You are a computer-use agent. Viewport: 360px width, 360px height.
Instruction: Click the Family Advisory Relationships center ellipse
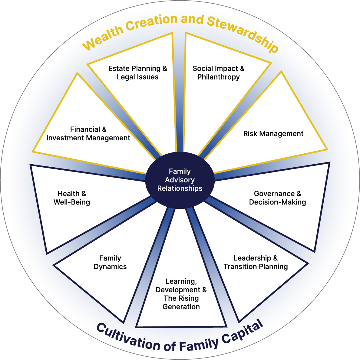point(180,180)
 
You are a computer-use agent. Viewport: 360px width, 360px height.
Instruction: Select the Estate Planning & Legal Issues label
point(138,73)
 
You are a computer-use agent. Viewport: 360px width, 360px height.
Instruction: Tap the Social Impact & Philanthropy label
point(218,73)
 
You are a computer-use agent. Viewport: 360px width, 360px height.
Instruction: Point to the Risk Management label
point(273,134)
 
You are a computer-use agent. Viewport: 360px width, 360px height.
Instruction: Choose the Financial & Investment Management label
point(88,134)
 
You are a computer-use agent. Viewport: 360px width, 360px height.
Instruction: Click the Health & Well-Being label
point(72,198)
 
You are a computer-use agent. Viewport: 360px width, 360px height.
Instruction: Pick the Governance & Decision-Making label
point(277,198)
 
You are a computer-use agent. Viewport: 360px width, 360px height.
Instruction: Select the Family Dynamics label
point(110,262)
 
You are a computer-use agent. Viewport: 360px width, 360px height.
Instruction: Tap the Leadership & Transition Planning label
point(256,262)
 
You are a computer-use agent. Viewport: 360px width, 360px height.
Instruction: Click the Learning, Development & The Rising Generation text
point(181,294)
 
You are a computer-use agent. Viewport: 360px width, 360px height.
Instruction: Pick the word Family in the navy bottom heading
point(198,345)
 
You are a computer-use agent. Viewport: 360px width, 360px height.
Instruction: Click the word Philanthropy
point(218,77)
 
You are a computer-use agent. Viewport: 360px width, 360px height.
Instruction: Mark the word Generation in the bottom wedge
point(181,307)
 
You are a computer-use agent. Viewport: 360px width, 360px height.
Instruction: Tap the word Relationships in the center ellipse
point(180,188)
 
